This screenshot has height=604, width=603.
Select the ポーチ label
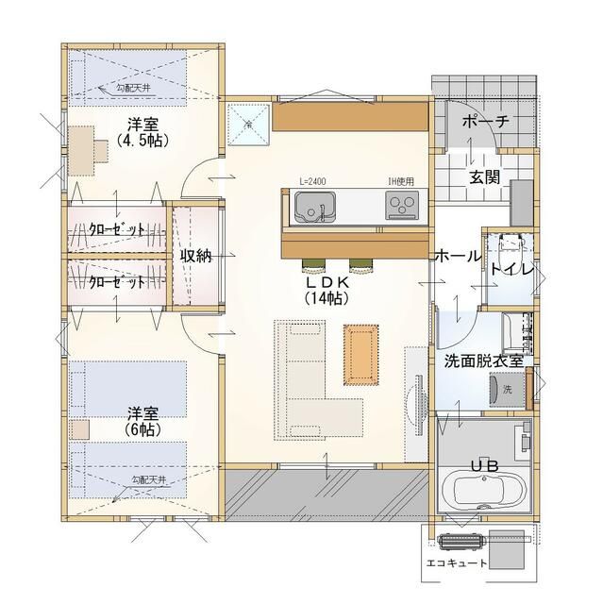click(485, 122)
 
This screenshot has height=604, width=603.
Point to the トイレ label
click(512, 270)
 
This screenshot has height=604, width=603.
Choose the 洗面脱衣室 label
click(483, 360)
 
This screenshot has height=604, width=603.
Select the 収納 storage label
click(195, 256)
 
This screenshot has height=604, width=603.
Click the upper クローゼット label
click(117, 230)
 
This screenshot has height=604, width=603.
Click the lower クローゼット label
click(117, 282)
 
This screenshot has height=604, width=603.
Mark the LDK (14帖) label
click(327, 290)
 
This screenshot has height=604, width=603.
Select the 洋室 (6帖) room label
click(143, 421)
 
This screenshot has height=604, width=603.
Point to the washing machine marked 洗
click(504, 388)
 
